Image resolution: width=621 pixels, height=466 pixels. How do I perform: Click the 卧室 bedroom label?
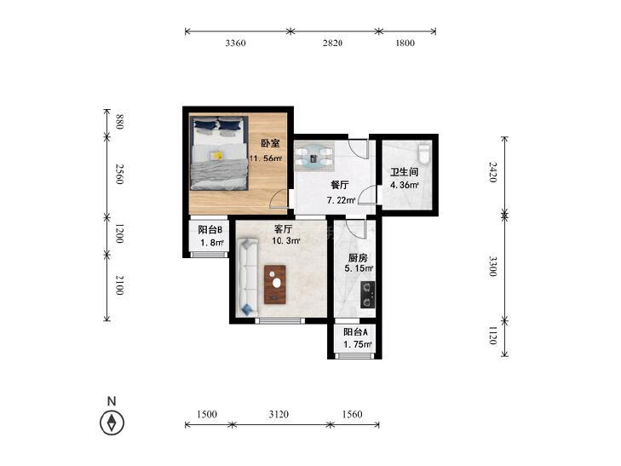click(270, 143)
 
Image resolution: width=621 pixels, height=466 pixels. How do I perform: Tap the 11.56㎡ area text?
click(265, 158)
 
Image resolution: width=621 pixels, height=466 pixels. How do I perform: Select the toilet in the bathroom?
click(424, 153)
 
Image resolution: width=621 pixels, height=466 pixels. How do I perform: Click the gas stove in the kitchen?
click(367, 295)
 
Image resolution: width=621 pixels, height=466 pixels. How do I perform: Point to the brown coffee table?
click(275, 285)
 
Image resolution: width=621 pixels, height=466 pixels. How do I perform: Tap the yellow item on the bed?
click(216, 156)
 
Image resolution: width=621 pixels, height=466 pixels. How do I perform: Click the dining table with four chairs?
click(314, 157)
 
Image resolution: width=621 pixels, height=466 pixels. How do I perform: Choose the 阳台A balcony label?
click(355, 331)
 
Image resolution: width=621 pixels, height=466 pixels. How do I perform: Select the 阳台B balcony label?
click(210, 230)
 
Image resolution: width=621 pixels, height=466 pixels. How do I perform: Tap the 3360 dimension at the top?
click(235, 43)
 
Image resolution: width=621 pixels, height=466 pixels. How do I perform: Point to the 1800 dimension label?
click(405, 43)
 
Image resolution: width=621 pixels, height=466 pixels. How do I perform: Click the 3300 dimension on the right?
click(492, 267)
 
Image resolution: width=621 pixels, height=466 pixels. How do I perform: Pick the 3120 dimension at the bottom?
click(279, 414)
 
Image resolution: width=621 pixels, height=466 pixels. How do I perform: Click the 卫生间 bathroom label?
click(405, 172)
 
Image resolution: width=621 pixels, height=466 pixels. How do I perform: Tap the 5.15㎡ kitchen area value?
click(359, 268)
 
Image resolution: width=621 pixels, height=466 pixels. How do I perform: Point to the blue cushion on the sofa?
click(247, 308)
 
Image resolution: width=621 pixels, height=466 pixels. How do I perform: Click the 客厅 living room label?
click(284, 229)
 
